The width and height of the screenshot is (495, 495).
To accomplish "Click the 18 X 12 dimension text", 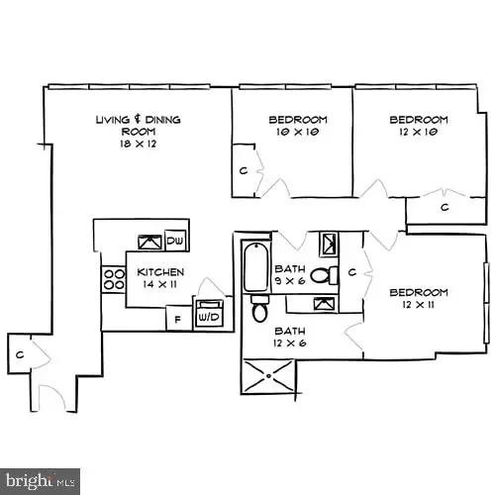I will point(139,144).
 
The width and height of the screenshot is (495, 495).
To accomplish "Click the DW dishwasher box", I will point(175,241).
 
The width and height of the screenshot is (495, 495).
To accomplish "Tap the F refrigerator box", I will point(177,319).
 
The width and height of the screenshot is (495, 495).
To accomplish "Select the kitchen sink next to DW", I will point(148,241).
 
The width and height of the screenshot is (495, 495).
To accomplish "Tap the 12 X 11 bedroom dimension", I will point(419,305).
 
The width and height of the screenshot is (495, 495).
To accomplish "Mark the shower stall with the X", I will point(268,376).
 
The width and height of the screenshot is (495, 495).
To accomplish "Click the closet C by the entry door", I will point(20,353).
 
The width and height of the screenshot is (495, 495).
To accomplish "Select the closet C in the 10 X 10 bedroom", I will point(243,169).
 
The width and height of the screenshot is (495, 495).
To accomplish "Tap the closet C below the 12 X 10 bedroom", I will point(445,207).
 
